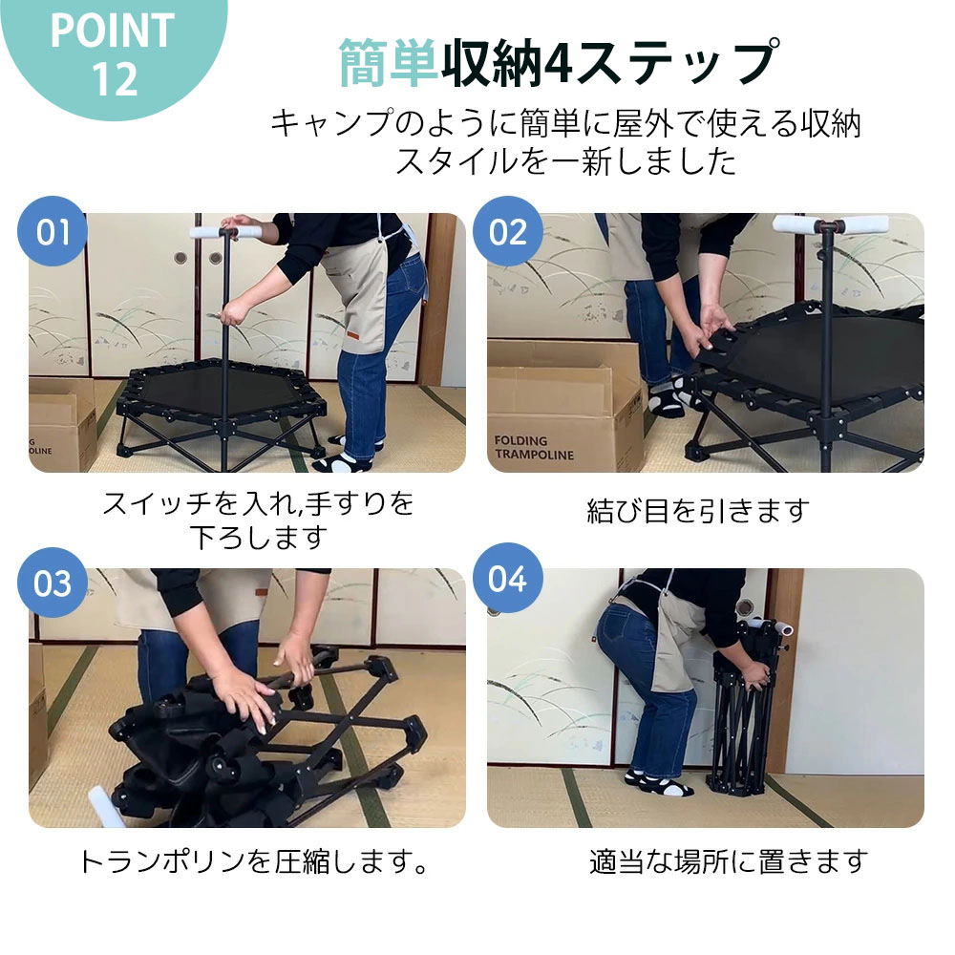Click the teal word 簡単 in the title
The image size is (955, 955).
point(389,63)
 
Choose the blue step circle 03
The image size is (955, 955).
point(53,582)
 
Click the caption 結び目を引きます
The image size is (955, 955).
point(697,511)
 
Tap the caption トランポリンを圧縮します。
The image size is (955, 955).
point(252,862)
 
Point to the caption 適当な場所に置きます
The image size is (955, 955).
point(728,862)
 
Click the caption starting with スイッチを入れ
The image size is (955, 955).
point(258,503)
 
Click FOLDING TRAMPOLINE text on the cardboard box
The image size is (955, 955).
point(534,447)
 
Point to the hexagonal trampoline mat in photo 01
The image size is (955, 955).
point(220,391)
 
